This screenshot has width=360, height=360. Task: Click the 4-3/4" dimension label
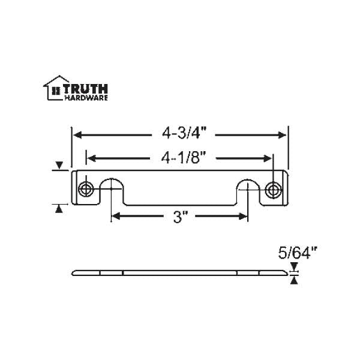pyautogui.click(x=180, y=133)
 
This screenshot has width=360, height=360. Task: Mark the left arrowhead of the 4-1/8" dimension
pyautogui.click(x=91, y=158)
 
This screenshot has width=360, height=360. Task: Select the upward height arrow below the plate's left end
pyautogui.click(x=59, y=208)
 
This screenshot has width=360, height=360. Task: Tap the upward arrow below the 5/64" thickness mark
pyautogui.click(x=293, y=280)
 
